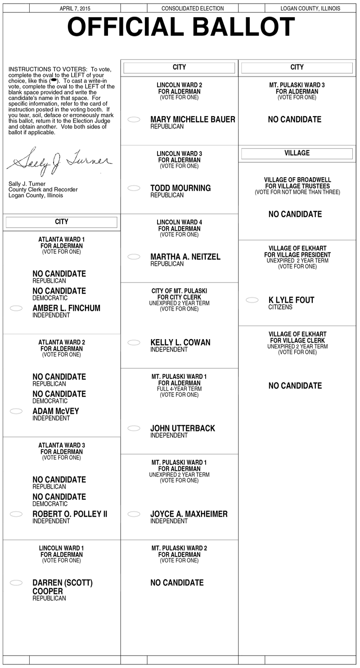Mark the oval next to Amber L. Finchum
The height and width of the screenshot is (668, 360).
(16, 308)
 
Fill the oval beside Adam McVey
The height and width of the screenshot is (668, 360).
(16, 411)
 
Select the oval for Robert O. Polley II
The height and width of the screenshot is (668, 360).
(16, 514)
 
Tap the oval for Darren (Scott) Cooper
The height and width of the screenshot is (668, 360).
(16, 583)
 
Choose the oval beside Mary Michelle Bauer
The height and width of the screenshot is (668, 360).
(134, 120)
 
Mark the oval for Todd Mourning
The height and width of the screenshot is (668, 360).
(134, 188)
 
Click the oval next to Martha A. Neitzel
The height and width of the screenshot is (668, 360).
(134, 257)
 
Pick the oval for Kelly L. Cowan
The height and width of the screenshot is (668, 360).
(134, 343)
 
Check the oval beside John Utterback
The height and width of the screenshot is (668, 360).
(134, 428)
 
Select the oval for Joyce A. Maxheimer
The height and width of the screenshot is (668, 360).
(134, 514)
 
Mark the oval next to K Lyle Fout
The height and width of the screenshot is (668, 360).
(252, 300)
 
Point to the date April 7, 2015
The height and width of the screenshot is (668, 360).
(75, 9)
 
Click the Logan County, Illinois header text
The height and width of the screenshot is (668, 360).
(310, 9)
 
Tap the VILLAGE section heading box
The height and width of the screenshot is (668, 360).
(297, 153)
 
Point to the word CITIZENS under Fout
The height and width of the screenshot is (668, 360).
(280, 307)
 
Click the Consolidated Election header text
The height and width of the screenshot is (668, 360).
(193, 9)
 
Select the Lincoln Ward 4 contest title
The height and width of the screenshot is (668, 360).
(179, 225)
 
